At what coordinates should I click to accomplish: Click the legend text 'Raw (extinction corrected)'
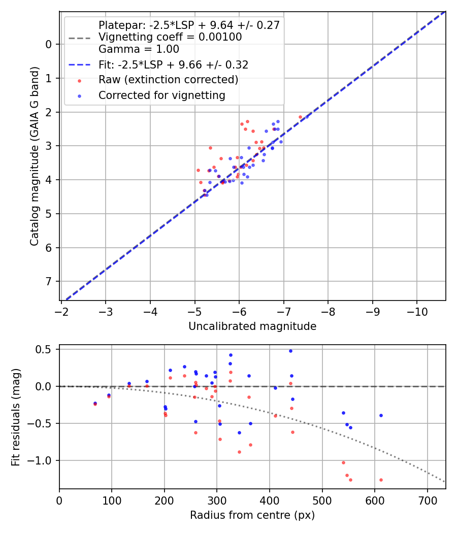click(x=168, y=80)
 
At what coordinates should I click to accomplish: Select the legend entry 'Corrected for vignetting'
click(x=161, y=95)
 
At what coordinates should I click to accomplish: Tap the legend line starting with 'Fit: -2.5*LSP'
click(x=173, y=65)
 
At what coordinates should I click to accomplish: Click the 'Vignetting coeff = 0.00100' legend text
click(x=170, y=37)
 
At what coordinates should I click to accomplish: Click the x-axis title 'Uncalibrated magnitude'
click(x=252, y=326)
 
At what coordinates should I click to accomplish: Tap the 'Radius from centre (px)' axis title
click(x=252, y=515)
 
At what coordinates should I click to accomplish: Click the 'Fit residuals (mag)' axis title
click(x=16, y=417)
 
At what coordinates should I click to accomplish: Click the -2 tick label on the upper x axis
click(x=61, y=310)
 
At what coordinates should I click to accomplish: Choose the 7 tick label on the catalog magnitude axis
click(x=49, y=281)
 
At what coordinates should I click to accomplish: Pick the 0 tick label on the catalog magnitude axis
click(x=49, y=44)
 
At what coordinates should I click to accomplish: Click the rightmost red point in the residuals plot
click(x=380, y=480)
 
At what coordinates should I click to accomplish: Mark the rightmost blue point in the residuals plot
click(x=380, y=415)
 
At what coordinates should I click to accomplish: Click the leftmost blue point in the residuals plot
click(x=95, y=403)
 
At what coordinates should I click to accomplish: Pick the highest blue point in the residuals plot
click(x=290, y=351)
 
